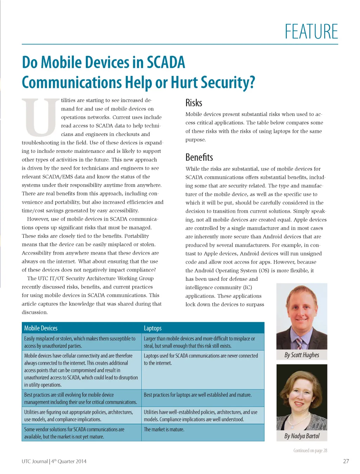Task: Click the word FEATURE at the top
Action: tap(311, 32)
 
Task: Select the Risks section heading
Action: tap(194, 103)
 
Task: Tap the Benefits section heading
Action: tap(199, 157)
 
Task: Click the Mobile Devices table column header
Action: tap(41, 328)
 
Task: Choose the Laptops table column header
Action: tap(153, 328)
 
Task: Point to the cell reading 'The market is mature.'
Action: tap(164, 429)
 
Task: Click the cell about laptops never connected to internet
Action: tap(201, 359)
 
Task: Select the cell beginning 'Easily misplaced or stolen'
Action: tap(79, 342)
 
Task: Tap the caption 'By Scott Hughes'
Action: tap(302, 355)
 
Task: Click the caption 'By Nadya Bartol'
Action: tap(302, 436)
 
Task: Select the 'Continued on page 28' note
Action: tap(310, 450)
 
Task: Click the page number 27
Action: tap(346, 461)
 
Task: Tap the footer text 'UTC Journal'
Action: tap(34, 461)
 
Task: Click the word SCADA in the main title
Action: tap(166, 63)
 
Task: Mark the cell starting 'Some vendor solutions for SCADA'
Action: tap(74, 433)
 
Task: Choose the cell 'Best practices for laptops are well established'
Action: tap(198, 395)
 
